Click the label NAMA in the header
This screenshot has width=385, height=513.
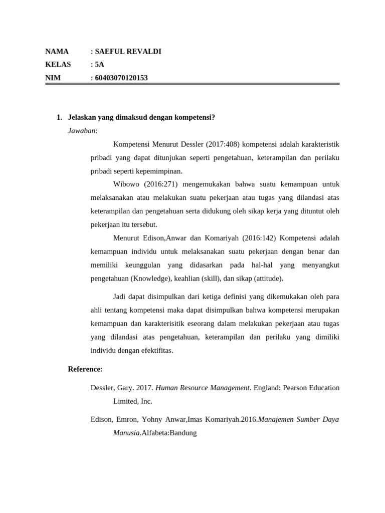(x=57, y=51)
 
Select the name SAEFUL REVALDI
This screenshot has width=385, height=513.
(x=128, y=51)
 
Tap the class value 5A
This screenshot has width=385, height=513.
(x=100, y=64)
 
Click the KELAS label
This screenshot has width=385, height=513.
(x=58, y=64)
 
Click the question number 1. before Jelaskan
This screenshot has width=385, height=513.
(x=59, y=117)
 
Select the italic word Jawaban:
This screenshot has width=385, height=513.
(x=83, y=131)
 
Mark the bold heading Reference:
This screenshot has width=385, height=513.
(x=85, y=369)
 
